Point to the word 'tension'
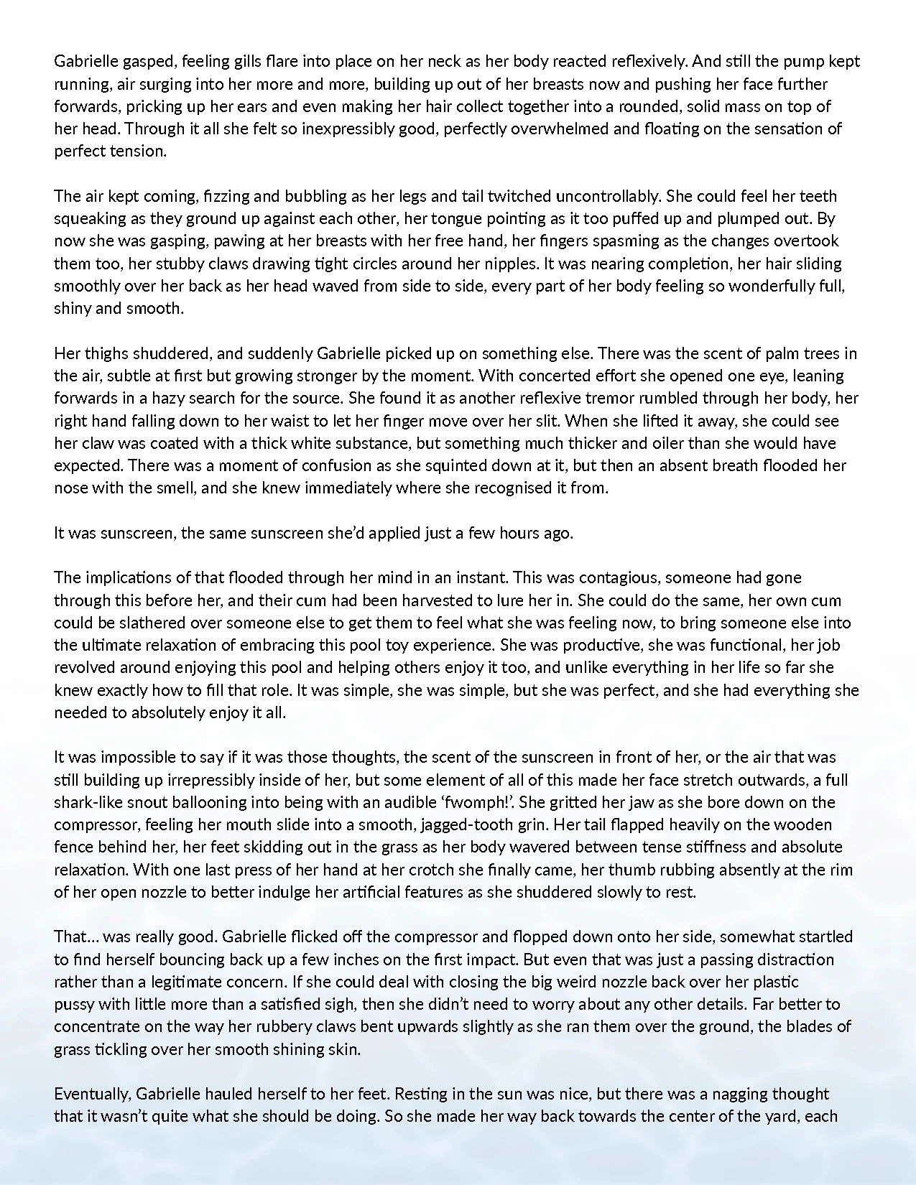[139, 152]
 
